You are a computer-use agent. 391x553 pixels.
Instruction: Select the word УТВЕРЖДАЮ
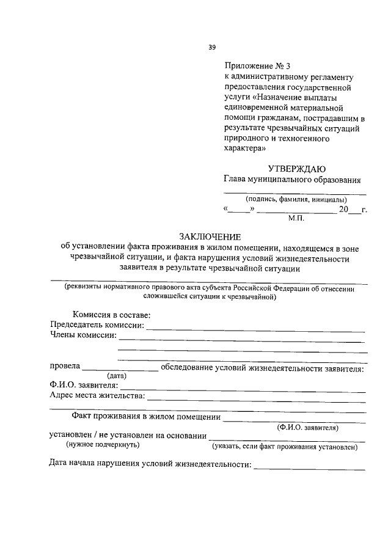click(296, 169)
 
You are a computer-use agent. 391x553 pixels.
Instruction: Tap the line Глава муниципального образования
click(292, 180)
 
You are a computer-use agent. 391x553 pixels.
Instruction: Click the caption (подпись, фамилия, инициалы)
click(296, 200)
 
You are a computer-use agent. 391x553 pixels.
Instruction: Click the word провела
click(65, 367)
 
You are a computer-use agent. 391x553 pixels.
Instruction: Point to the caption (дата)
click(116, 376)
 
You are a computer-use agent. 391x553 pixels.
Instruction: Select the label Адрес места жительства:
click(97, 395)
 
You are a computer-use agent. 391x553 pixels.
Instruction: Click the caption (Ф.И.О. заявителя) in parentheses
click(307, 427)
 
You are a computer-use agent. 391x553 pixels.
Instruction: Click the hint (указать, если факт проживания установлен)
click(284, 447)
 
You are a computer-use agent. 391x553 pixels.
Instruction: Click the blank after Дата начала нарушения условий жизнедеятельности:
click(310, 466)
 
